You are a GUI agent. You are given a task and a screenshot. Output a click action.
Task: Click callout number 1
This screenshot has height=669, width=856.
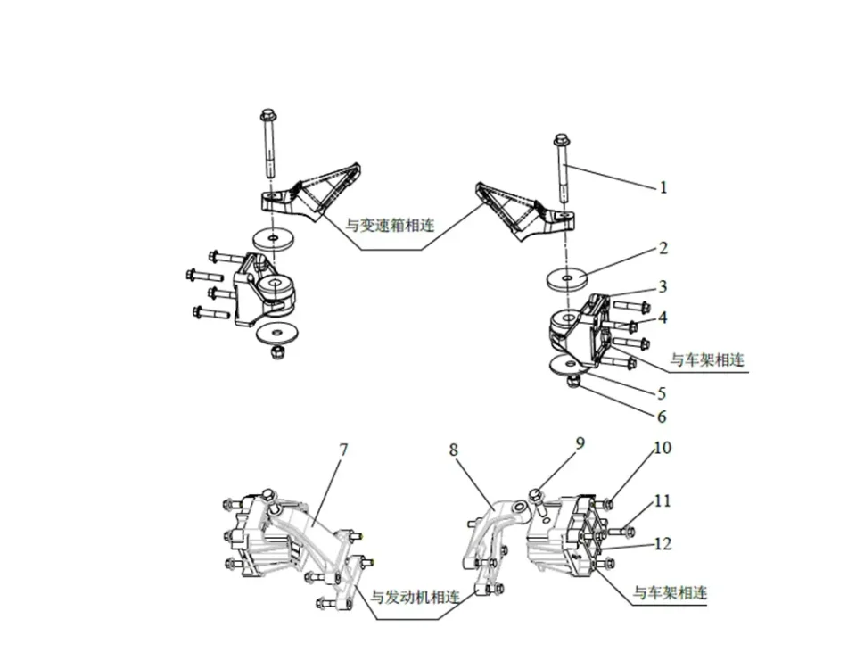[663, 187]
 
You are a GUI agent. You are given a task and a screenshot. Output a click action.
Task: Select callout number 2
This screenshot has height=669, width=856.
[663, 248]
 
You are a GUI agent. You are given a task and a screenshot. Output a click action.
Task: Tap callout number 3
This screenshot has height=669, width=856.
[663, 287]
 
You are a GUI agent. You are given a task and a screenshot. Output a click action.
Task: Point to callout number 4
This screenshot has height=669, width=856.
[663, 318]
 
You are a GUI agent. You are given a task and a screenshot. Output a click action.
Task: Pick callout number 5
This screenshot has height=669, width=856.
[663, 392]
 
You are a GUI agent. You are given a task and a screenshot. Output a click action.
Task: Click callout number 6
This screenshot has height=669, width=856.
[663, 416]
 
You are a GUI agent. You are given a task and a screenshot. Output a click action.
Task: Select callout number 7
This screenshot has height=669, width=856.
[343, 450]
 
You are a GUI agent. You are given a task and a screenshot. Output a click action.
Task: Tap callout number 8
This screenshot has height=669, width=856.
[454, 450]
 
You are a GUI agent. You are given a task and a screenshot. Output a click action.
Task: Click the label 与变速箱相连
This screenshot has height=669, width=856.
[390, 227]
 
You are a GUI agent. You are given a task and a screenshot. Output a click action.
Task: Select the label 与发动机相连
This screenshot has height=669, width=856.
[416, 597]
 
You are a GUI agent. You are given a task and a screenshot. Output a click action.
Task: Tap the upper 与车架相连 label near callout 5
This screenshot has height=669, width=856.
[707, 360]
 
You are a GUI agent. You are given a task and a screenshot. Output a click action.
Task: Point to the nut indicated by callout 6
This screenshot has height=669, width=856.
[573, 382]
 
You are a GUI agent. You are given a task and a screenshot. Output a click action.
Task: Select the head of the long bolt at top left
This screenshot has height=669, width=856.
[268, 116]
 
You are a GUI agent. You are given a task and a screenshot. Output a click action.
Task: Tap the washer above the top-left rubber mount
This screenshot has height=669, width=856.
[271, 239]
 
